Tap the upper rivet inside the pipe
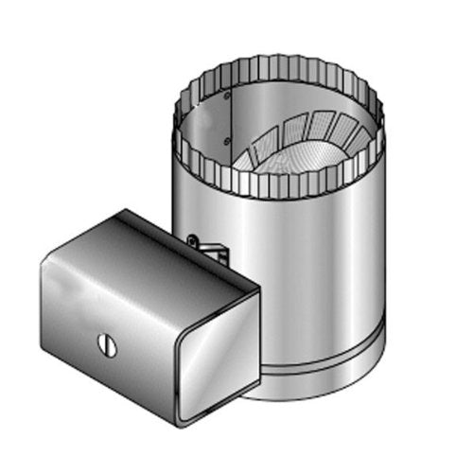pos(228,96)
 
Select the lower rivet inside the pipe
pos(228,141)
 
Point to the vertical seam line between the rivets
pos(231,118)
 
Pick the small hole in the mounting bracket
pos(194,242)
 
